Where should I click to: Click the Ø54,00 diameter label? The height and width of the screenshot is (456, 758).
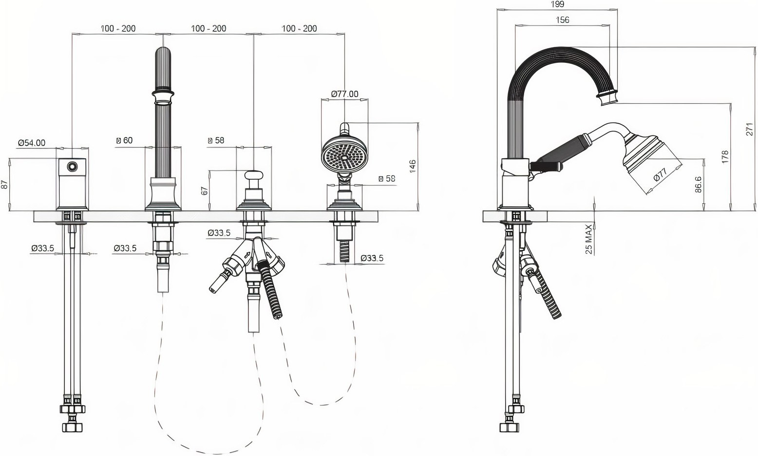point(32,143)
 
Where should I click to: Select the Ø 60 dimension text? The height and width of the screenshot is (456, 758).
point(124,140)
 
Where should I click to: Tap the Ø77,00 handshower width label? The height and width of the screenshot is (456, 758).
point(344,94)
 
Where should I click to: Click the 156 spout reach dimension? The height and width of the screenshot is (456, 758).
point(562,20)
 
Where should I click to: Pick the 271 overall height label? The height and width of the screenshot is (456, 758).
point(749,129)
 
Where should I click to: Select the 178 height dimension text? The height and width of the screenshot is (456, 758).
point(724,157)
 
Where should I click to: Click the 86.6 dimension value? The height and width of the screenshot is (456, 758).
point(698,185)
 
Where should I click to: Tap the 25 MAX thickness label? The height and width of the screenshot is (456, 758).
point(589,239)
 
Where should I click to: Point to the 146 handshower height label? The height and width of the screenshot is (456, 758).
point(413,166)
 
